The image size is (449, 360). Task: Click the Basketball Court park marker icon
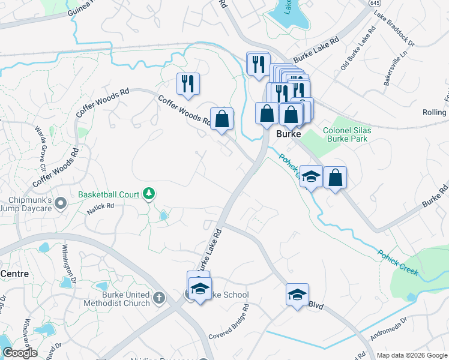point(149,194)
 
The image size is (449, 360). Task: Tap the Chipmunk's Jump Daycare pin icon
point(60,205)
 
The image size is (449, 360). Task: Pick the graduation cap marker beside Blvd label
point(297,295)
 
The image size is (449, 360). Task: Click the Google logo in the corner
point(20,353)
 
